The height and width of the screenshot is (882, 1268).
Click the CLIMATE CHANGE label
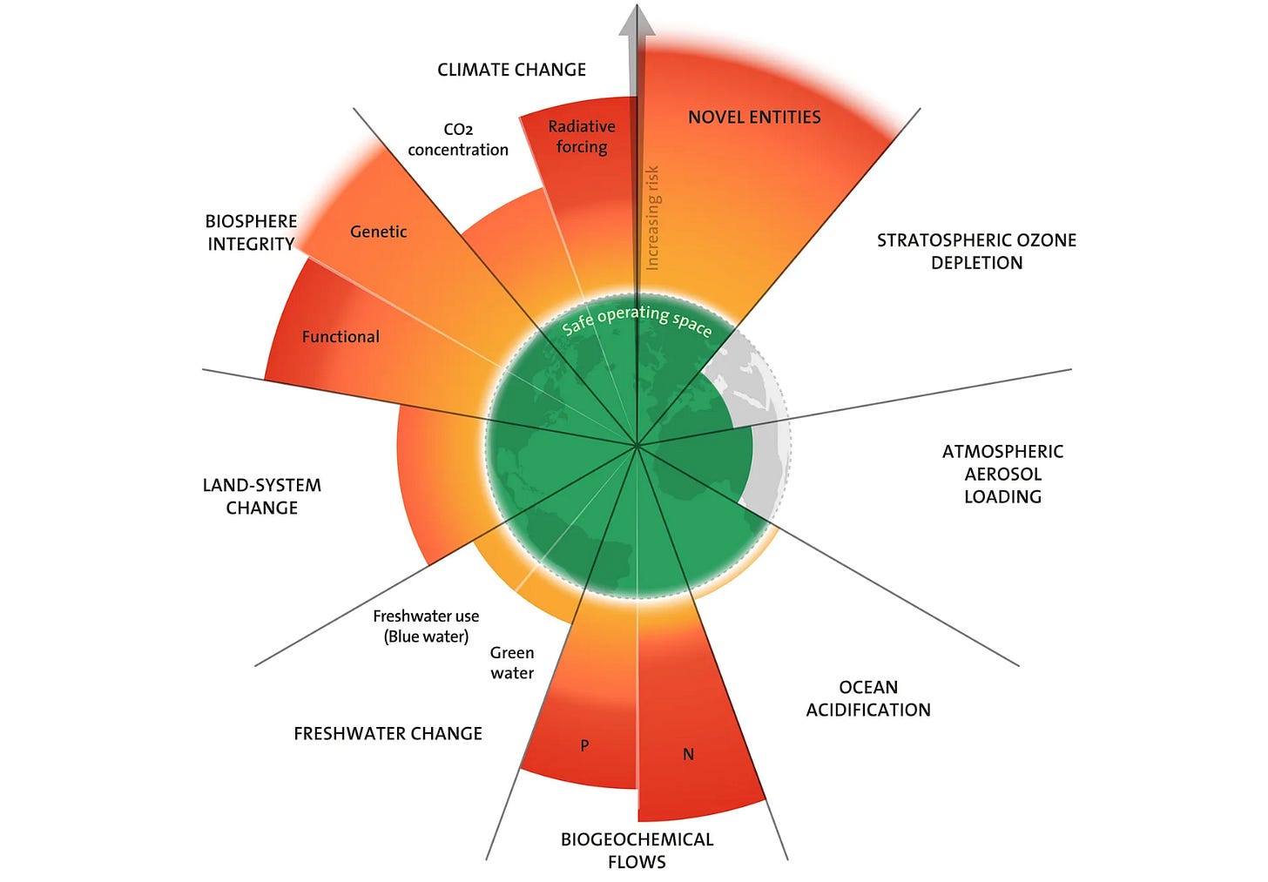pyautogui.click(x=511, y=70)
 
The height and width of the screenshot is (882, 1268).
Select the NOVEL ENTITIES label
pyautogui.click(x=754, y=117)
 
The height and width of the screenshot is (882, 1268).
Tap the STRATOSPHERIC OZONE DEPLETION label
pyautogui.click(x=976, y=251)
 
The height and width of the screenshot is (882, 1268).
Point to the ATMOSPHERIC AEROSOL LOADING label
pyautogui.click(x=1002, y=474)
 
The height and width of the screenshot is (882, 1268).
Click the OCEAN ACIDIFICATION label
pyautogui.click(x=868, y=698)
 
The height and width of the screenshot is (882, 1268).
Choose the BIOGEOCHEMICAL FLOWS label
pyautogui.click(x=637, y=850)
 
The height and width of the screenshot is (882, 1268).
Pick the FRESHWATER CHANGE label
pyautogui.click(x=388, y=733)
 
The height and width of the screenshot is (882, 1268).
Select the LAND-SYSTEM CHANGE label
pyautogui.click(x=261, y=496)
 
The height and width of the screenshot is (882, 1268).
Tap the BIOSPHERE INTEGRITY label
pyautogui.click(x=251, y=232)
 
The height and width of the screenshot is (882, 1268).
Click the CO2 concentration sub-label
pyautogui.click(x=458, y=139)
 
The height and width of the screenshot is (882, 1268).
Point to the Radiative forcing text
pyautogui.click(x=582, y=137)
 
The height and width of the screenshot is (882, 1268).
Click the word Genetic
pyautogui.click(x=378, y=232)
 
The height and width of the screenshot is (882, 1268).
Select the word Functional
pyautogui.click(x=341, y=337)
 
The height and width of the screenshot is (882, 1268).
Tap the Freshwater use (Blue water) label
pyautogui.click(x=426, y=626)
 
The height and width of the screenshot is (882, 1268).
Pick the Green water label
pyautogui.click(x=512, y=663)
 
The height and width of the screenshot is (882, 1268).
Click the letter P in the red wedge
pyautogui.click(x=584, y=745)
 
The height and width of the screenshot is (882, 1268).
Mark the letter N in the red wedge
pyautogui.click(x=688, y=754)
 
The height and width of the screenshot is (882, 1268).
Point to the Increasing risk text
pyautogui.click(x=652, y=218)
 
